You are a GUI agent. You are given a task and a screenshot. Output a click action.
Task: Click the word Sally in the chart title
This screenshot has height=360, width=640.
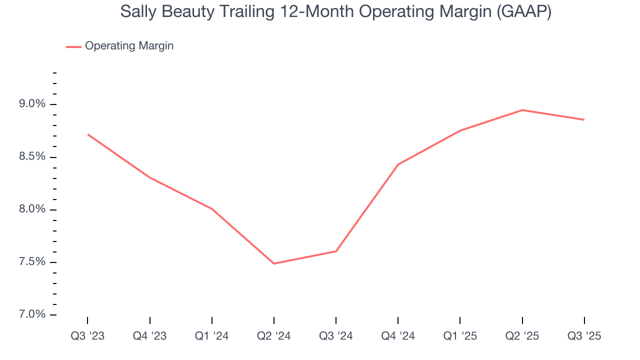136,12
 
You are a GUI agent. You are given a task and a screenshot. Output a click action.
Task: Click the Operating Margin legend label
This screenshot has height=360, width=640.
129,46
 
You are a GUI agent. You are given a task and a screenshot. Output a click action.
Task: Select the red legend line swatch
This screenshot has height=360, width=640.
73,46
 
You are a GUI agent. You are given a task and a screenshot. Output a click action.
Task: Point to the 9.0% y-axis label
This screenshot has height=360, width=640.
32,104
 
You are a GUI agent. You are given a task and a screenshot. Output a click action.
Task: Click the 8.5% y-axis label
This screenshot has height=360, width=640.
32,157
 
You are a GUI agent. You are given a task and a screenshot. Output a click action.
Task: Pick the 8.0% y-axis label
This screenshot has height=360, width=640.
32,209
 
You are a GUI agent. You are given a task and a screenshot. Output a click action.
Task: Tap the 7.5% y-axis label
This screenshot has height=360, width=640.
32,262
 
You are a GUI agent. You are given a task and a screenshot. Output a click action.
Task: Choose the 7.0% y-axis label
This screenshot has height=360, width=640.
32,315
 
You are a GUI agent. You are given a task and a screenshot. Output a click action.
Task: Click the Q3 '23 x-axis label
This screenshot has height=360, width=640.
87,336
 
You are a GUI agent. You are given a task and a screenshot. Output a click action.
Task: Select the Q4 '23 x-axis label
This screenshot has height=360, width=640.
149,336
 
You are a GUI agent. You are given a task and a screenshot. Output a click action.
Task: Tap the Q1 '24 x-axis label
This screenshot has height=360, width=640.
212,336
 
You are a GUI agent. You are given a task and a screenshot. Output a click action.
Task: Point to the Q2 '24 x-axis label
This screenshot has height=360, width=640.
274,336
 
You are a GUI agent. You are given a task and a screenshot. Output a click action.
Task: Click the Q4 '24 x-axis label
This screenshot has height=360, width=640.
398,336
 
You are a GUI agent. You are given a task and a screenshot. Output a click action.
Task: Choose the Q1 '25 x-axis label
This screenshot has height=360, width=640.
460,336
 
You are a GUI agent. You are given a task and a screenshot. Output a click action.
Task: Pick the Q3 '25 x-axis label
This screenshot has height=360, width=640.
584,336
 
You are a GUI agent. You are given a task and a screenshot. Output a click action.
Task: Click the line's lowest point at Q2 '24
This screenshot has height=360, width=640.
274,263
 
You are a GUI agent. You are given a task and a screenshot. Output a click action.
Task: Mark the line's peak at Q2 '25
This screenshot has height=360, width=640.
522,110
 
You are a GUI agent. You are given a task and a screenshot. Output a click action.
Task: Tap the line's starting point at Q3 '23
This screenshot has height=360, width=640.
87,134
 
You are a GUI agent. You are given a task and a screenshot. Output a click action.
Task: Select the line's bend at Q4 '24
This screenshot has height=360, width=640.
398,164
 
